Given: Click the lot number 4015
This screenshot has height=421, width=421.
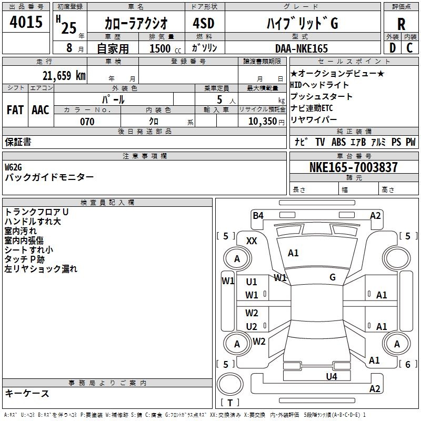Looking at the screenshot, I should coord(26,22).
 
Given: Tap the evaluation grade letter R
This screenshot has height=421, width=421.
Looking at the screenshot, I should coord(401,24).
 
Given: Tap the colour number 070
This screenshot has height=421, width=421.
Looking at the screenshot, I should coord(87,122).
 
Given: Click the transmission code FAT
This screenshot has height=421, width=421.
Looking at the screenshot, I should coord(15,109).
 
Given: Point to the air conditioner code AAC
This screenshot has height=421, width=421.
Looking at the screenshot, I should coord(41,109).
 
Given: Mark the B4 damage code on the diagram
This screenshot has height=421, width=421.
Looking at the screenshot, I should coord(258,215).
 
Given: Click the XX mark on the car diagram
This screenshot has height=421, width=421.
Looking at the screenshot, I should coord(252,240).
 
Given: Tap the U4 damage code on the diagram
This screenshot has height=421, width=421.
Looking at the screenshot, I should coord(331,376).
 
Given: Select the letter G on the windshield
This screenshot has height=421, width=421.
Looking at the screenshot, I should coord(332,277).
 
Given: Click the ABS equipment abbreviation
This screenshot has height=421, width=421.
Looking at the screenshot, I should coord(339,142).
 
